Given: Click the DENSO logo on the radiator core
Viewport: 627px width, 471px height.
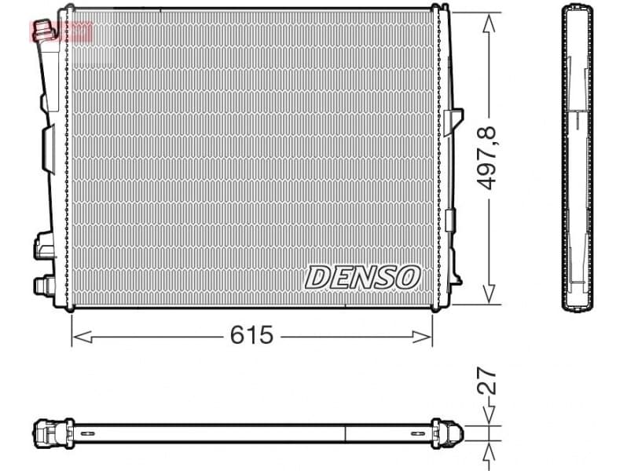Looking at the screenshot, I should (362, 276).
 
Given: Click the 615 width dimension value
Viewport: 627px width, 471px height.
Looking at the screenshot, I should (251, 336).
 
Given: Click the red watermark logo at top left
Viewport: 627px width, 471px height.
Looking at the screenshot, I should (60, 31).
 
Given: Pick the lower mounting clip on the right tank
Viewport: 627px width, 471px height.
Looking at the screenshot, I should (450, 219).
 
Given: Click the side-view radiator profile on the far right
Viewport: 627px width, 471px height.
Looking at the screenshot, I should (577, 157).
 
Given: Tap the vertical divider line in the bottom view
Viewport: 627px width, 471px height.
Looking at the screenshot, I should (346, 432).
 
